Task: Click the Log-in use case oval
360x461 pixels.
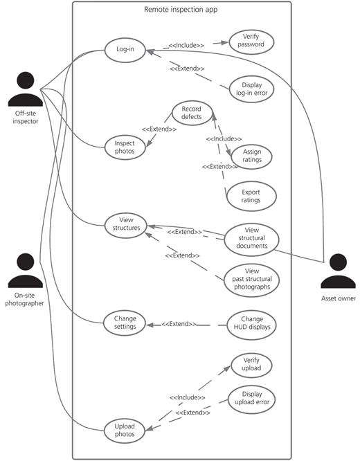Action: (x=125, y=50)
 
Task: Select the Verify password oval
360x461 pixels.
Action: (x=251, y=42)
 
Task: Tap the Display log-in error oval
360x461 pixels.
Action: (x=251, y=89)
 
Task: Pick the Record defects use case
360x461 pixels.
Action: (x=192, y=114)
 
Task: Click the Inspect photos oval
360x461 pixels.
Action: (x=125, y=147)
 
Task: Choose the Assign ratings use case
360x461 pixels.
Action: (x=251, y=156)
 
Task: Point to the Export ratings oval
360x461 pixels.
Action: (x=251, y=196)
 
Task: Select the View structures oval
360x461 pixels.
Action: (x=126, y=226)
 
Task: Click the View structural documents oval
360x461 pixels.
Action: (x=252, y=238)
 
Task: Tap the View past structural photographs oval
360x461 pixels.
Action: (x=252, y=280)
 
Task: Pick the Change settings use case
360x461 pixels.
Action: (x=125, y=323)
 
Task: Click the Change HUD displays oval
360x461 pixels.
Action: (x=252, y=325)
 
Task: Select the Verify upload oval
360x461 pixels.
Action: (x=251, y=365)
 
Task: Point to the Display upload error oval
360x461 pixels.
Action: (x=252, y=400)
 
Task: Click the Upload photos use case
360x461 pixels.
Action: (x=125, y=431)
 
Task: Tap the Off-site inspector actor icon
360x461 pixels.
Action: (x=26, y=89)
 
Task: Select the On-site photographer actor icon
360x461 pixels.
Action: (x=26, y=271)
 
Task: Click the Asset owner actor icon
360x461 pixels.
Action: (x=339, y=271)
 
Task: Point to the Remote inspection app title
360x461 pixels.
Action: (x=181, y=10)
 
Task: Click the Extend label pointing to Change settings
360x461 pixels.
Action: (x=179, y=324)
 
